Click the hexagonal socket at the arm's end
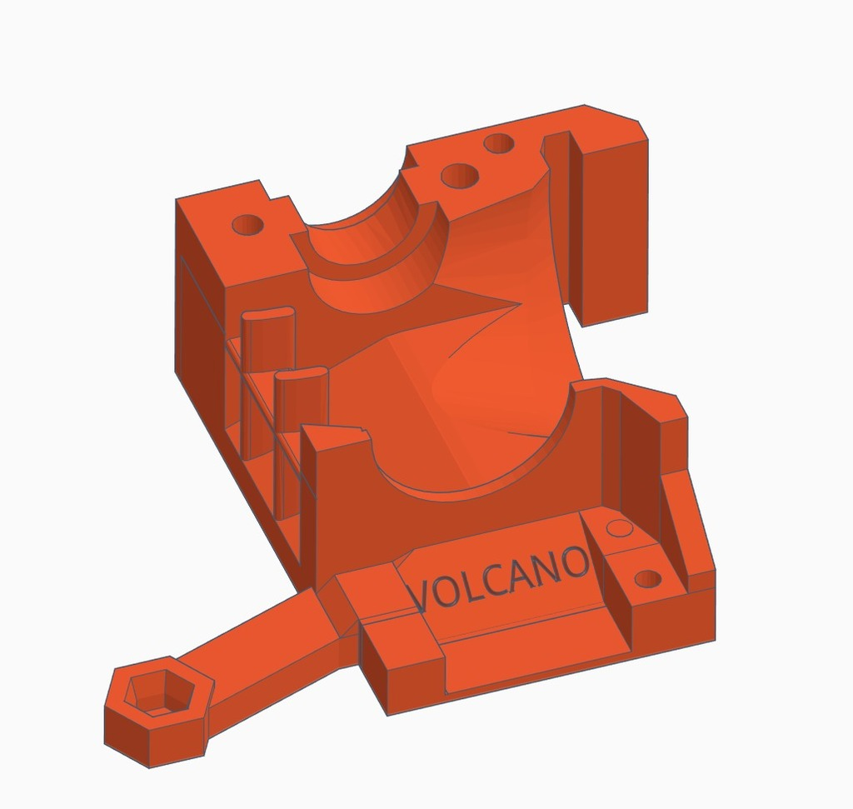click(x=156, y=693)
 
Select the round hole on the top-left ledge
click(x=247, y=225)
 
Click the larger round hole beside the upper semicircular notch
click(x=460, y=176)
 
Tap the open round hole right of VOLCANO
click(x=647, y=578)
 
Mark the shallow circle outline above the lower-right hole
click(x=618, y=527)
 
